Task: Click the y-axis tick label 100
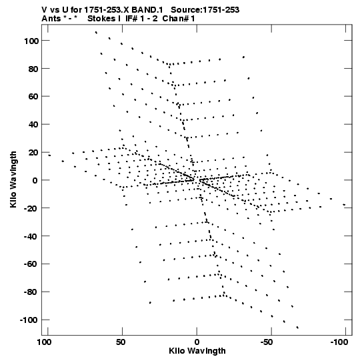(x=31, y=41)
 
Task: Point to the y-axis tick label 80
(x=33, y=69)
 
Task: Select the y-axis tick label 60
(x=33, y=97)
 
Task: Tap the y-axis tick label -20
(x=31, y=208)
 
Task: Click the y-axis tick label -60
(x=31, y=264)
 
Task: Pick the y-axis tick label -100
(x=29, y=320)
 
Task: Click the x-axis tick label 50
(x=121, y=342)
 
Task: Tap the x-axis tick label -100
(x=339, y=342)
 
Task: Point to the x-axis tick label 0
(x=197, y=342)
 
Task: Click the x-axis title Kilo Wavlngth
(x=197, y=351)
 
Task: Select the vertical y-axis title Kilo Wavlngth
(x=13, y=179)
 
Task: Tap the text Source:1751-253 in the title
(x=205, y=10)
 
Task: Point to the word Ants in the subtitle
(x=51, y=19)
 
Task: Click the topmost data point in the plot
(x=96, y=33)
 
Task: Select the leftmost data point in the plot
(x=49, y=155)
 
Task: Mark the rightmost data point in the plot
(x=344, y=204)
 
